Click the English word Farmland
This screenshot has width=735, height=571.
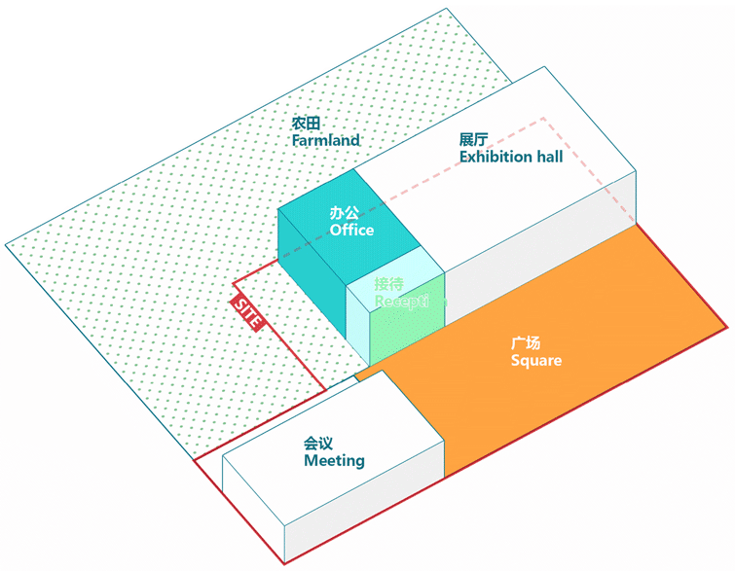tap(325, 140)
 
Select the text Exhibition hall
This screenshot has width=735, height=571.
tap(511, 157)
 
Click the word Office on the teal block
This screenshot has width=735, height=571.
tap(351, 231)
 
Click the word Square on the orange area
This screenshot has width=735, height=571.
tap(536, 360)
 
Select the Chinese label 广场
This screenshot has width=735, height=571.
tap(526, 343)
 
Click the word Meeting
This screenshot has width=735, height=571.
tap(334, 460)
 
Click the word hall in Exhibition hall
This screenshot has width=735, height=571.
tap(547, 157)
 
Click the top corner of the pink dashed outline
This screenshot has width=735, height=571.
tap(543, 119)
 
